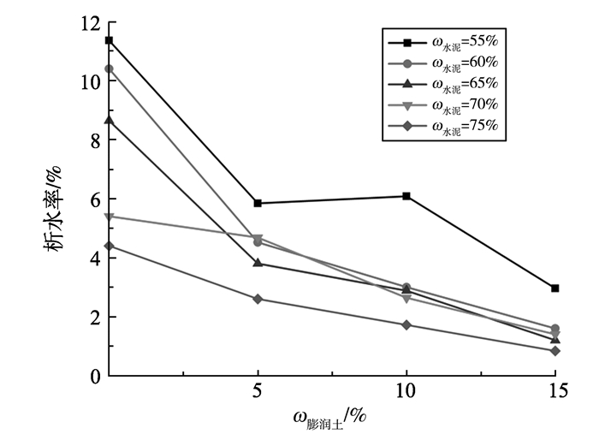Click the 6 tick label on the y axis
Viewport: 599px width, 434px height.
[95, 199]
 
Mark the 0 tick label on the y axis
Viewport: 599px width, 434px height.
[95, 376]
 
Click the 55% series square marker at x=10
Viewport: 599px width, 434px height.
[406, 196]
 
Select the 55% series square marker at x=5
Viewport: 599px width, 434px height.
[258, 203]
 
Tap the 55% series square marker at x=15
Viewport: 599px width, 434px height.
[555, 288]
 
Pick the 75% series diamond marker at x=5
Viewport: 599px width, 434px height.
[258, 299]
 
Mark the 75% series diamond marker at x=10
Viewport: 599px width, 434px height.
[406, 324]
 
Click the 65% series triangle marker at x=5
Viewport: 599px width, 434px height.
[258, 263]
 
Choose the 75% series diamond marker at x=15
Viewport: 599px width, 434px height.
[555, 351]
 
